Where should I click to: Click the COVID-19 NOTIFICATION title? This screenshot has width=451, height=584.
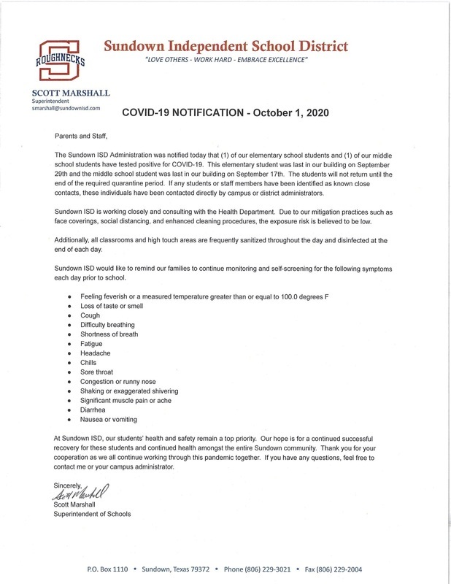pyautogui.click(x=225, y=113)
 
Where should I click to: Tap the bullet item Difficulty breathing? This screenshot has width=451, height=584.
pyautogui.click(x=107, y=324)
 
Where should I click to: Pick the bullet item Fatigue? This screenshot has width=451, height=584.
pyautogui.click(x=92, y=343)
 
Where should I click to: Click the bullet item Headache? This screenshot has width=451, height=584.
pyautogui.click(x=95, y=353)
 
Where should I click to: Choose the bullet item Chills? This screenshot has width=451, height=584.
pyautogui.click(x=89, y=362)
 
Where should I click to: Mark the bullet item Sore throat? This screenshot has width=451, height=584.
pyautogui.click(x=96, y=372)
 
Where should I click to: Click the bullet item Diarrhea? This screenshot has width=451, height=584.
pyautogui.click(x=94, y=410)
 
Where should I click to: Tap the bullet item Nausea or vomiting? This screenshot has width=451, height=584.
pyautogui.click(x=109, y=419)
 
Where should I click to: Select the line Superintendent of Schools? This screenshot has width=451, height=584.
pyautogui.click(x=93, y=514)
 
